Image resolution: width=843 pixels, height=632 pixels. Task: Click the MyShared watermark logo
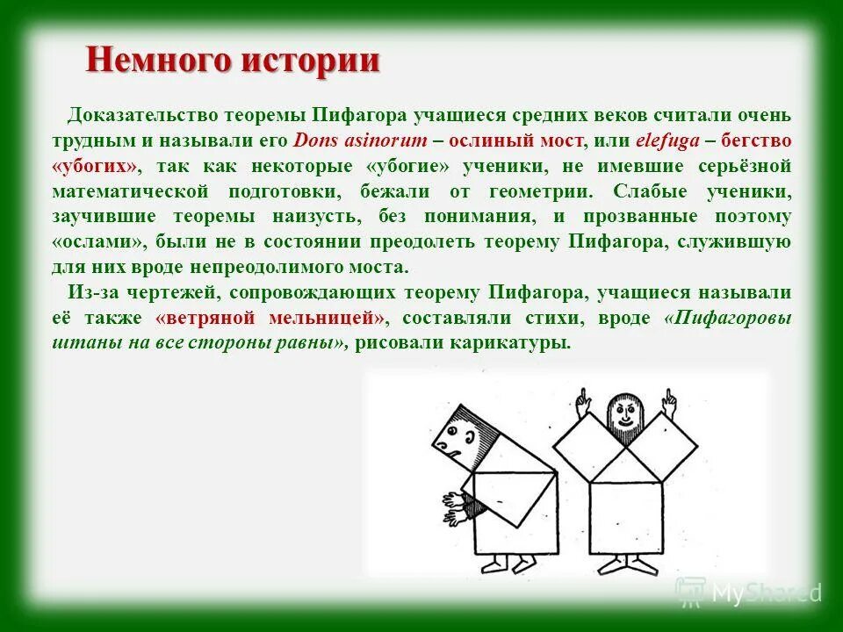(747, 592)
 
